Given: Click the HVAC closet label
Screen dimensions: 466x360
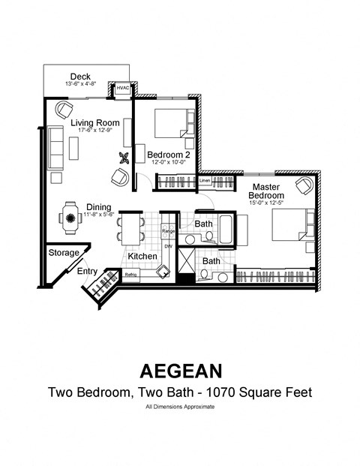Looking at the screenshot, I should [x=122, y=89].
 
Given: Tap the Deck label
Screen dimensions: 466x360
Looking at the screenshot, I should [x=80, y=77].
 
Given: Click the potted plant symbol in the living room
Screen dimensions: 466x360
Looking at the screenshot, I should [x=123, y=158].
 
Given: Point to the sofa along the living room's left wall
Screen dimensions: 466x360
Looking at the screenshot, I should [x=56, y=146].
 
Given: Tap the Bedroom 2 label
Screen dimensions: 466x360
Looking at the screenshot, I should [x=168, y=155].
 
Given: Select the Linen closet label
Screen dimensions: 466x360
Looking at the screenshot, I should [x=205, y=180].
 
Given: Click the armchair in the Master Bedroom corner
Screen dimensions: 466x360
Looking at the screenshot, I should [x=304, y=185].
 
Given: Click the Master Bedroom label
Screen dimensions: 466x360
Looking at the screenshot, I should [x=266, y=191].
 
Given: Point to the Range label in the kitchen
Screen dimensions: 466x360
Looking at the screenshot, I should [x=168, y=232].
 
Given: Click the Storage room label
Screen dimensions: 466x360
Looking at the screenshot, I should [x=63, y=253].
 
